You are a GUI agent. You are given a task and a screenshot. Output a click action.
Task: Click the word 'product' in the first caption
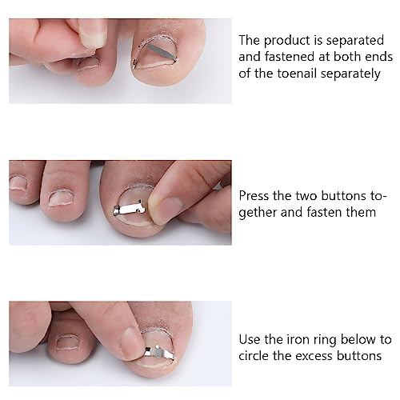[x=287, y=41]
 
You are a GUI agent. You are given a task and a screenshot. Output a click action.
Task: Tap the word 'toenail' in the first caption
[x=297, y=74]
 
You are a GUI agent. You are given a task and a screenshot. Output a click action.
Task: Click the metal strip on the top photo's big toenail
[x=161, y=52]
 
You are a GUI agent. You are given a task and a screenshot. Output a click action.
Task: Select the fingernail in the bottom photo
[x=131, y=343]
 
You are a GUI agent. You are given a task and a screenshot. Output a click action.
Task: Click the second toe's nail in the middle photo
[x=61, y=198]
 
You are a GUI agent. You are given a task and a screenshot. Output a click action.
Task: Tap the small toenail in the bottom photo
[x=66, y=342]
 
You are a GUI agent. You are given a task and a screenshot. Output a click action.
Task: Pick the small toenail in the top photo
[x=90, y=63]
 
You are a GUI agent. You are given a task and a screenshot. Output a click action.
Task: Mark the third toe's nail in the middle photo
[x=18, y=182]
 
